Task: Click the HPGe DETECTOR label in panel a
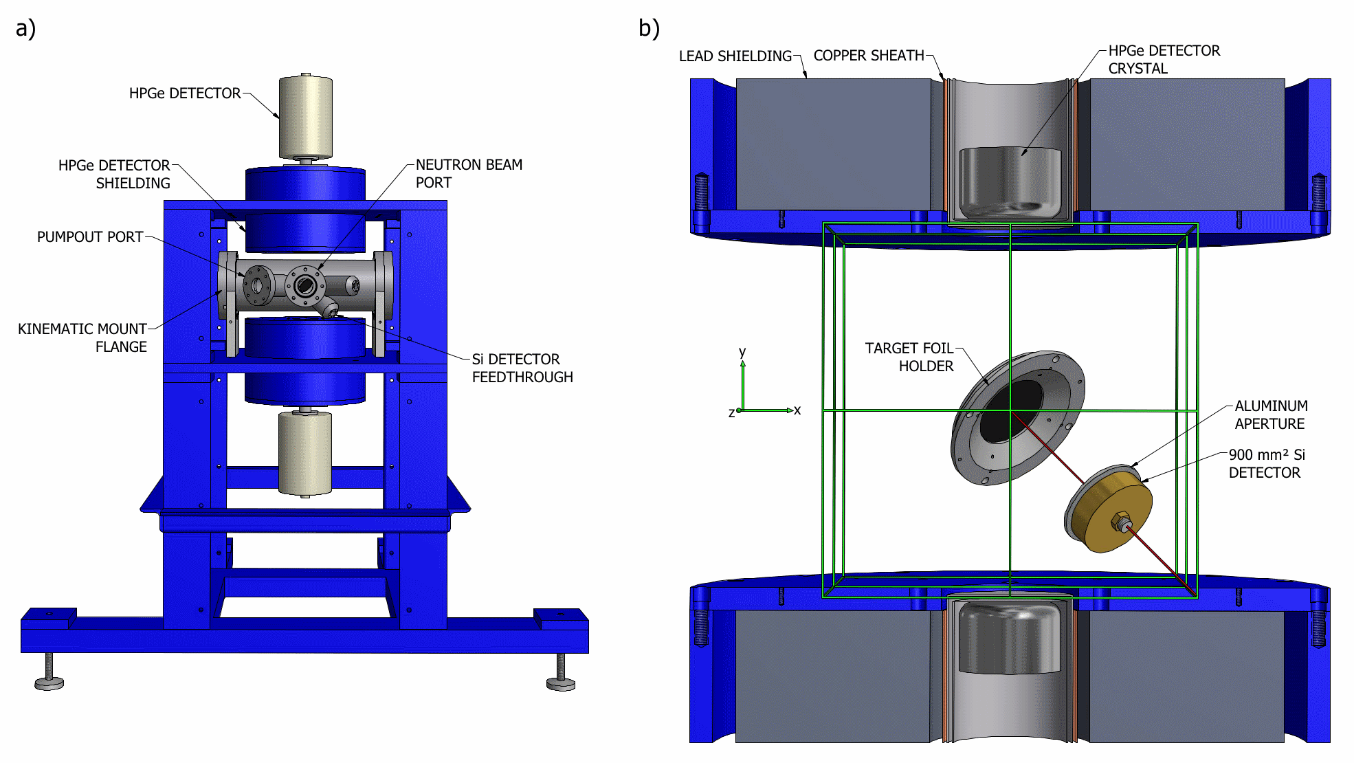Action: [x=185, y=93]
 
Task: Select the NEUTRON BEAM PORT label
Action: [x=469, y=173]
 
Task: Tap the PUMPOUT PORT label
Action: [x=90, y=237]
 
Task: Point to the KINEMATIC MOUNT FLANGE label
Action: [x=82, y=338]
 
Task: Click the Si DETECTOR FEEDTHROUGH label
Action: [x=522, y=368]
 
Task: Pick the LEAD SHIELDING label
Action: [x=735, y=56]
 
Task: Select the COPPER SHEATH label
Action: [x=869, y=56]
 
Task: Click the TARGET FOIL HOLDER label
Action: [x=909, y=357]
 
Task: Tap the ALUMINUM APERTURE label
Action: [x=1271, y=414]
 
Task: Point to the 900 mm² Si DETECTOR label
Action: [x=1266, y=463]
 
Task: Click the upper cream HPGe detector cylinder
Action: [x=306, y=117]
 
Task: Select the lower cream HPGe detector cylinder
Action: [x=305, y=452]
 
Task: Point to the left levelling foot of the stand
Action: [x=49, y=682]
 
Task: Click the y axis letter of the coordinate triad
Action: [x=742, y=352]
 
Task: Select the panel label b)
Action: [x=649, y=28]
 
